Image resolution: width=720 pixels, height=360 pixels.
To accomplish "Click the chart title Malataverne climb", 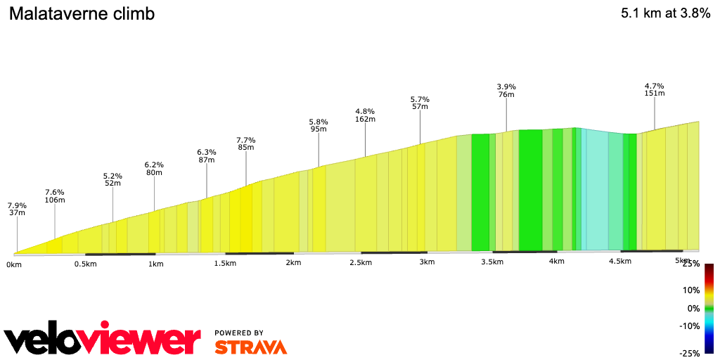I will click(x=82, y=14).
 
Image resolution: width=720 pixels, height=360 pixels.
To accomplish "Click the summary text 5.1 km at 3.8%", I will click(x=665, y=14).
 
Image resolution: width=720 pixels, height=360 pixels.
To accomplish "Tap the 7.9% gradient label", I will click(x=17, y=206).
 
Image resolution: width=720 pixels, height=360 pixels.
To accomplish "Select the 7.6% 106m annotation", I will click(x=55, y=195).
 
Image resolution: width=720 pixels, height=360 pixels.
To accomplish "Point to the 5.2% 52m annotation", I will click(x=112, y=179).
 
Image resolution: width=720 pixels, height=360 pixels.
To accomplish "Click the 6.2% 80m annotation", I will click(x=154, y=169).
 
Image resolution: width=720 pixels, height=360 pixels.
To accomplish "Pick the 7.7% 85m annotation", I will click(x=245, y=143).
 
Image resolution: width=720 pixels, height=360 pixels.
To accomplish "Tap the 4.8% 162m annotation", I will click(x=365, y=115).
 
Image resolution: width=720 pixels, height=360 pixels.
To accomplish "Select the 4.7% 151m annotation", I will click(x=655, y=89).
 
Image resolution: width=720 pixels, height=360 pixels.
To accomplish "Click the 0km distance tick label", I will click(x=14, y=264).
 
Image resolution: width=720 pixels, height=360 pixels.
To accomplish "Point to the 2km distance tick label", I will click(x=293, y=263).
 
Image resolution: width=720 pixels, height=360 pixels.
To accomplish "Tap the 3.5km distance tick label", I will click(x=491, y=262).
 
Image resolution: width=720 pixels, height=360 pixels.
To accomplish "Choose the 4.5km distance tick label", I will click(x=619, y=262).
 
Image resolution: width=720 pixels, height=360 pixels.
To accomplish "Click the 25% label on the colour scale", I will click(x=691, y=264).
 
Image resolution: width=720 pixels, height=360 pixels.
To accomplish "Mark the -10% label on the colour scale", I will click(x=689, y=326).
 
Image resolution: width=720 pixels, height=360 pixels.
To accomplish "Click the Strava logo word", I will click(x=250, y=347).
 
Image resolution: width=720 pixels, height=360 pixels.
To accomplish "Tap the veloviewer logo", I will click(x=103, y=340).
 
